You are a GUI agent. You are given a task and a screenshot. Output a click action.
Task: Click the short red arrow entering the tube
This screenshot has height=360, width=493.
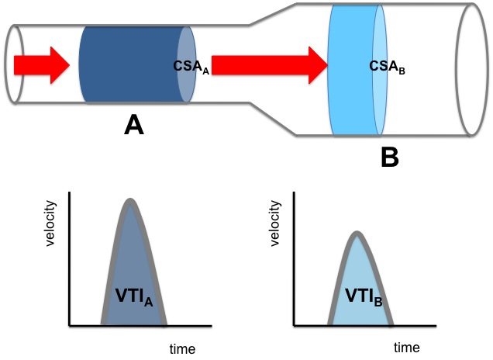point(42,65)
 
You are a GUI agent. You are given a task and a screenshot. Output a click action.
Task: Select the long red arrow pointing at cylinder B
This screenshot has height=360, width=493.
point(270,65)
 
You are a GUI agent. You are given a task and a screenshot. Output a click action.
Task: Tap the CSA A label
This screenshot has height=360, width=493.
point(191,67)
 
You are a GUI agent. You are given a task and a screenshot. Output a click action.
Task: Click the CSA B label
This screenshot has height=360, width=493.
point(387,67)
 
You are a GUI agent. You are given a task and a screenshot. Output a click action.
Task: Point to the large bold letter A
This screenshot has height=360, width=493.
point(134,125)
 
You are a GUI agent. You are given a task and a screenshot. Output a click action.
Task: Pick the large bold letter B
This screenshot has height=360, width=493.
point(390,157)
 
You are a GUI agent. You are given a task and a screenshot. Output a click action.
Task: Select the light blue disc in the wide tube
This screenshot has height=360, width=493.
point(357,70)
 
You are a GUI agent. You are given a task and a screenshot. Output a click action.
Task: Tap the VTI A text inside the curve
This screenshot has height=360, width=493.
point(134,296)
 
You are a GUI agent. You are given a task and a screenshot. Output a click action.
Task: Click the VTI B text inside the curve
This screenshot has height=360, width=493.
point(364,296)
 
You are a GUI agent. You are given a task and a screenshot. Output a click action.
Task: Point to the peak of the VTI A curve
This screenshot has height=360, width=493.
point(130,200)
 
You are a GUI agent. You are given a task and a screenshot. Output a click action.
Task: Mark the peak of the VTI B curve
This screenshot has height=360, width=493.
point(357,233)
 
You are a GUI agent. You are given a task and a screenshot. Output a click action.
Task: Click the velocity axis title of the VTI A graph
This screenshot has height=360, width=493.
point(50,223)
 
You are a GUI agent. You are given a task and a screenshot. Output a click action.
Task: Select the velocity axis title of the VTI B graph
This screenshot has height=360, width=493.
point(275,223)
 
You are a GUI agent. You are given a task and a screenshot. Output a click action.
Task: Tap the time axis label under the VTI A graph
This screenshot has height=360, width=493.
point(182,349)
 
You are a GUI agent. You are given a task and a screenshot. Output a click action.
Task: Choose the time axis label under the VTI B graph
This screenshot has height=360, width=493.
point(406,348)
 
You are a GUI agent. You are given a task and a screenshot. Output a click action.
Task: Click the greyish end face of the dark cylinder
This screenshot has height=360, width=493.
point(187,64)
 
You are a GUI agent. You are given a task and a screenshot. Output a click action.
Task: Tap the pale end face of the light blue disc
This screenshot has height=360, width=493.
point(380,70)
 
